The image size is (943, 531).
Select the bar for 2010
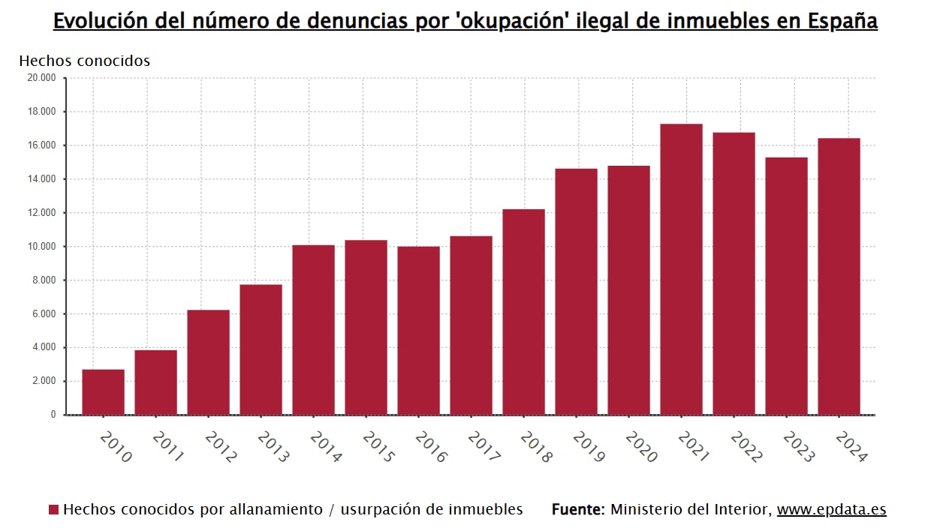tap(103, 392)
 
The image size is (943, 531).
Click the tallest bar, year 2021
tap(681, 269)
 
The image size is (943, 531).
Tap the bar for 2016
tap(418, 331)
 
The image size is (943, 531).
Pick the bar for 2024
tap(839, 277)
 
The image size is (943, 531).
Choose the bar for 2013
tap(261, 349)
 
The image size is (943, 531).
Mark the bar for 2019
tap(576, 292)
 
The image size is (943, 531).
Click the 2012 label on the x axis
tap(220, 447)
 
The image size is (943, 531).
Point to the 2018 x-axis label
tap(535, 447)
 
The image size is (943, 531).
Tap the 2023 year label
tap(798, 447)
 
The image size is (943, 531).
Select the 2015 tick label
tap(378, 447)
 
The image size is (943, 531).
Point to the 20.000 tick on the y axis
tap(41, 78)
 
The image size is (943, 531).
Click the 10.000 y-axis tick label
tap(41, 247)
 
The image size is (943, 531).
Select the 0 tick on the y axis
tap(53, 415)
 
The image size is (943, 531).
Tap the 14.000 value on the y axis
tap(41, 179)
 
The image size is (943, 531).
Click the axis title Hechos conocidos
tap(84, 61)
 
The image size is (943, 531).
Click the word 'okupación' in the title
tap(511, 21)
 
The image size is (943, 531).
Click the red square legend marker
tap(53, 510)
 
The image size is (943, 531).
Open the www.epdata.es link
tap(831, 510)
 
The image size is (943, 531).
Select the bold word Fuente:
tap(578, 510)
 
